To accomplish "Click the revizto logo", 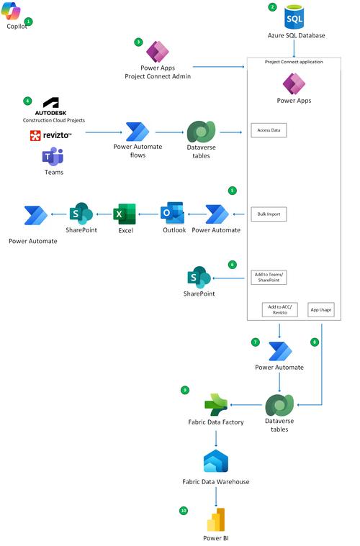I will point(50,136).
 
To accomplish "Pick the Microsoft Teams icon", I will point(53,156).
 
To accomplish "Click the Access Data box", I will point(269,130).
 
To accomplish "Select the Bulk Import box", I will point(269,214).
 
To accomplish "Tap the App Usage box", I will point(321,309).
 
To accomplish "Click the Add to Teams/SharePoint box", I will point(269,277).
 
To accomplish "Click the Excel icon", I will point(125,214).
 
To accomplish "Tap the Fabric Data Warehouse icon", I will point(216,462).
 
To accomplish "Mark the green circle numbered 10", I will point(184,511).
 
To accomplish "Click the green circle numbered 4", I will point(27,101).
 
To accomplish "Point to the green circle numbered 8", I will point(314,342).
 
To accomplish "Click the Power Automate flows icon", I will point(137,132).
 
